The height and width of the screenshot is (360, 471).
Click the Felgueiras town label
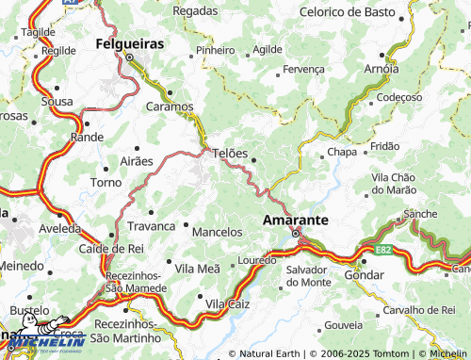point(130,43)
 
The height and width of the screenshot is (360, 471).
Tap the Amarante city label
point(295,219)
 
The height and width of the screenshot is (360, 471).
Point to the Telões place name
point(231,153)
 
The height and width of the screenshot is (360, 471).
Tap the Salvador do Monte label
point(308,276)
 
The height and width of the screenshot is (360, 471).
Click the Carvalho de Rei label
point(419,310)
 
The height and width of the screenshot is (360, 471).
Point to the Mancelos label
point(217,231)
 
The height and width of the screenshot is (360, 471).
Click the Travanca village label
point(153,226)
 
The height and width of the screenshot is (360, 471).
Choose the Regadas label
point(195,10)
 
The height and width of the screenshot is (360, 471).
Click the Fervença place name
point(303,69)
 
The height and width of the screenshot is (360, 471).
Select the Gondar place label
point(364,273)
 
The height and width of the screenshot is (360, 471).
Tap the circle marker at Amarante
point(295,234)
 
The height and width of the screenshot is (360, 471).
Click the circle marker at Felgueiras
point(130,57)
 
